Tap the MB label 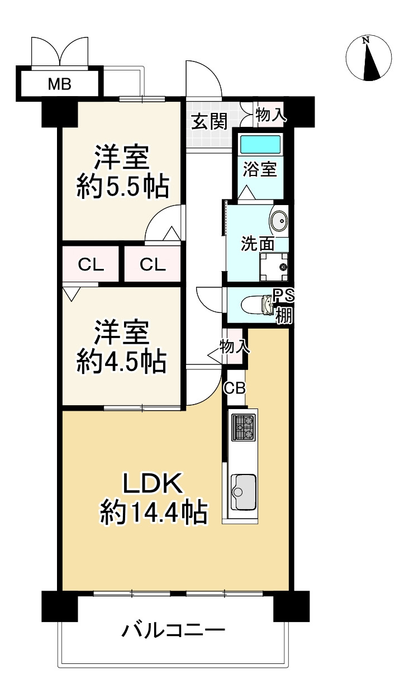[59, 85]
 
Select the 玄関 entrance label [209, 121]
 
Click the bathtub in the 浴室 [260, 145]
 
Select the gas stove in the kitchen [244, 428]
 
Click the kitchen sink [243, 492]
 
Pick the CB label [235, 388]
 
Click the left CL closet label [91, 265]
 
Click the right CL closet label [153, 265]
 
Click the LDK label [153, 484]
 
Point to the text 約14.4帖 [154, 512]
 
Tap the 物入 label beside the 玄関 [271, 115]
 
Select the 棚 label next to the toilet [283, 315]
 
